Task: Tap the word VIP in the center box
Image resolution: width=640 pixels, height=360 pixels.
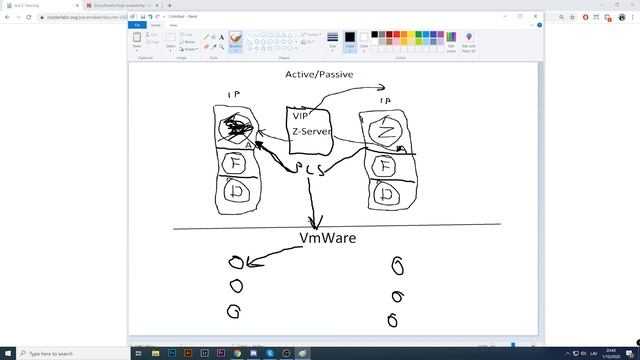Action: click(x=301, y=116)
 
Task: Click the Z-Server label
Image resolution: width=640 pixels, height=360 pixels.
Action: click(x=311, y=131)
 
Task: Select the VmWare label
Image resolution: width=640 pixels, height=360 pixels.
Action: click(x=327, y=238)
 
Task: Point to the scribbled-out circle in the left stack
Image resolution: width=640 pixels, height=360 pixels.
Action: click(x=236, y=127)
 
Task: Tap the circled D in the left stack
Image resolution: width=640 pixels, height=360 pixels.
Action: click(x=238, y=192)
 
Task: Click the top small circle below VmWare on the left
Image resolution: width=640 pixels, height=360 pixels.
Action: click(x=235, y=263)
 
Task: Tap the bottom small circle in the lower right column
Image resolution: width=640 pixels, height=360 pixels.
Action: click(x=393, y=321)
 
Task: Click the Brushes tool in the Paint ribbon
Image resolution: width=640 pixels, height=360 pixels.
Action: click(x=235, y=41)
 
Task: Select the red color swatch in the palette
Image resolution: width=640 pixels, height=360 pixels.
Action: click(x=389, y=34)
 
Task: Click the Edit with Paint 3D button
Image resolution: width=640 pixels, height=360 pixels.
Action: click(x=469, y=41)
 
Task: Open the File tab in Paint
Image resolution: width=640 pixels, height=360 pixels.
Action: click(x=138, y=24)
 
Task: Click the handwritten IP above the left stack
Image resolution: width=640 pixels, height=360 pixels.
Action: click(x=235, y=95)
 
